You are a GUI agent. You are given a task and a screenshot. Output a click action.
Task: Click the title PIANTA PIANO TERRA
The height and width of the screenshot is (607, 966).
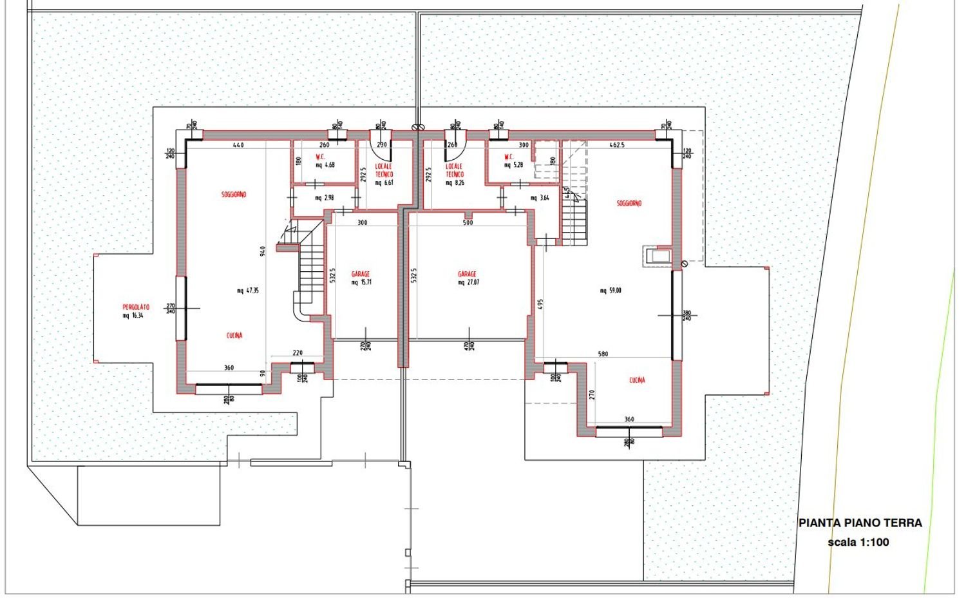(x=860, y=523)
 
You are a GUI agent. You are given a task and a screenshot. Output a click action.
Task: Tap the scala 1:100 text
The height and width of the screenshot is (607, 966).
(x=858, y=542)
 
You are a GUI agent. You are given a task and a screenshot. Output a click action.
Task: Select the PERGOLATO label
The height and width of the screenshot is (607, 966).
(x=136, y=307)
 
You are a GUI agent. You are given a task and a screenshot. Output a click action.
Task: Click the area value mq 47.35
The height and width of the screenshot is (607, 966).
(x=247, y=291)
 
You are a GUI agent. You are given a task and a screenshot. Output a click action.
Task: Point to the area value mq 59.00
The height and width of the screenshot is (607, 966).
(x=611, y=291)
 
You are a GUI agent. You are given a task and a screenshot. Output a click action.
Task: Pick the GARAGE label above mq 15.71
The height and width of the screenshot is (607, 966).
(x=361, y=274)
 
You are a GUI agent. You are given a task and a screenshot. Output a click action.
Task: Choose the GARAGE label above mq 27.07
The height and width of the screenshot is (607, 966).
(x=468, y=274)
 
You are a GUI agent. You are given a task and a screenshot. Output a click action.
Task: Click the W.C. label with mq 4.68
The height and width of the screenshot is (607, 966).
(x=321, y=157)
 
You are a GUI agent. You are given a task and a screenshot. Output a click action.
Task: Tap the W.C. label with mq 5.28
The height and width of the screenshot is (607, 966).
(x=509, y=157)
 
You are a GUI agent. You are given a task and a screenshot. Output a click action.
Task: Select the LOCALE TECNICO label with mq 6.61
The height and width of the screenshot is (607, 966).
(x=384, y=170)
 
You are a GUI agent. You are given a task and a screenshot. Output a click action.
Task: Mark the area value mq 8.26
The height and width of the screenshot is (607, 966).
(x=455, y=183)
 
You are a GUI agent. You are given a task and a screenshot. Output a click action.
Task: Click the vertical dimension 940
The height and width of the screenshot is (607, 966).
(x=262, y=251)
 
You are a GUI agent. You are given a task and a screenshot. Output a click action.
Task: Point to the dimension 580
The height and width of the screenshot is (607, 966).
(x=603, y=354)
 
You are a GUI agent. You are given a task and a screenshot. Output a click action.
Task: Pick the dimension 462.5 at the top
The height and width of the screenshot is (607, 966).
(x=617, y=145)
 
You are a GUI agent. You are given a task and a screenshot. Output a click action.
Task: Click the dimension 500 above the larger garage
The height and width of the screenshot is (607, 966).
(x=468, y=222)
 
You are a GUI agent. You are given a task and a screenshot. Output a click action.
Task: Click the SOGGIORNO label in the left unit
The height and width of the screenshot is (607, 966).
(x=234, y=194)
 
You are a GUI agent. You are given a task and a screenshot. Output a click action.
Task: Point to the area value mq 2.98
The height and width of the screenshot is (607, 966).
(x=325, y=198)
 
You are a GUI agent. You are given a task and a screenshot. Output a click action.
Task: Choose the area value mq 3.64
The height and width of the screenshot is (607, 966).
(x=540, y=198)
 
